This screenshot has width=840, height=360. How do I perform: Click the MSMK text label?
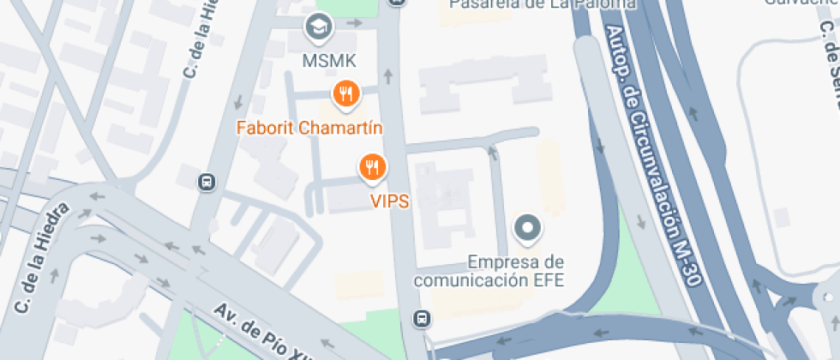329,60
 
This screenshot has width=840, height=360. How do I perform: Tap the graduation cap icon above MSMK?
320,27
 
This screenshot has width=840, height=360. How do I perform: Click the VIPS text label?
389,201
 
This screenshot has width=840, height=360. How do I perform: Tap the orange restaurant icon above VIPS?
372,168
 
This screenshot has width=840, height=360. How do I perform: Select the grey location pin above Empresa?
527,229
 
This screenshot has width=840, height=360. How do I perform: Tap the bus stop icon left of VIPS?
207,182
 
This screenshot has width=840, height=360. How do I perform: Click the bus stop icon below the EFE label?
422,319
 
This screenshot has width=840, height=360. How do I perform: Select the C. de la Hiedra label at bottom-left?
40,258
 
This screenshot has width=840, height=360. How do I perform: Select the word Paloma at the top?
606,3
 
